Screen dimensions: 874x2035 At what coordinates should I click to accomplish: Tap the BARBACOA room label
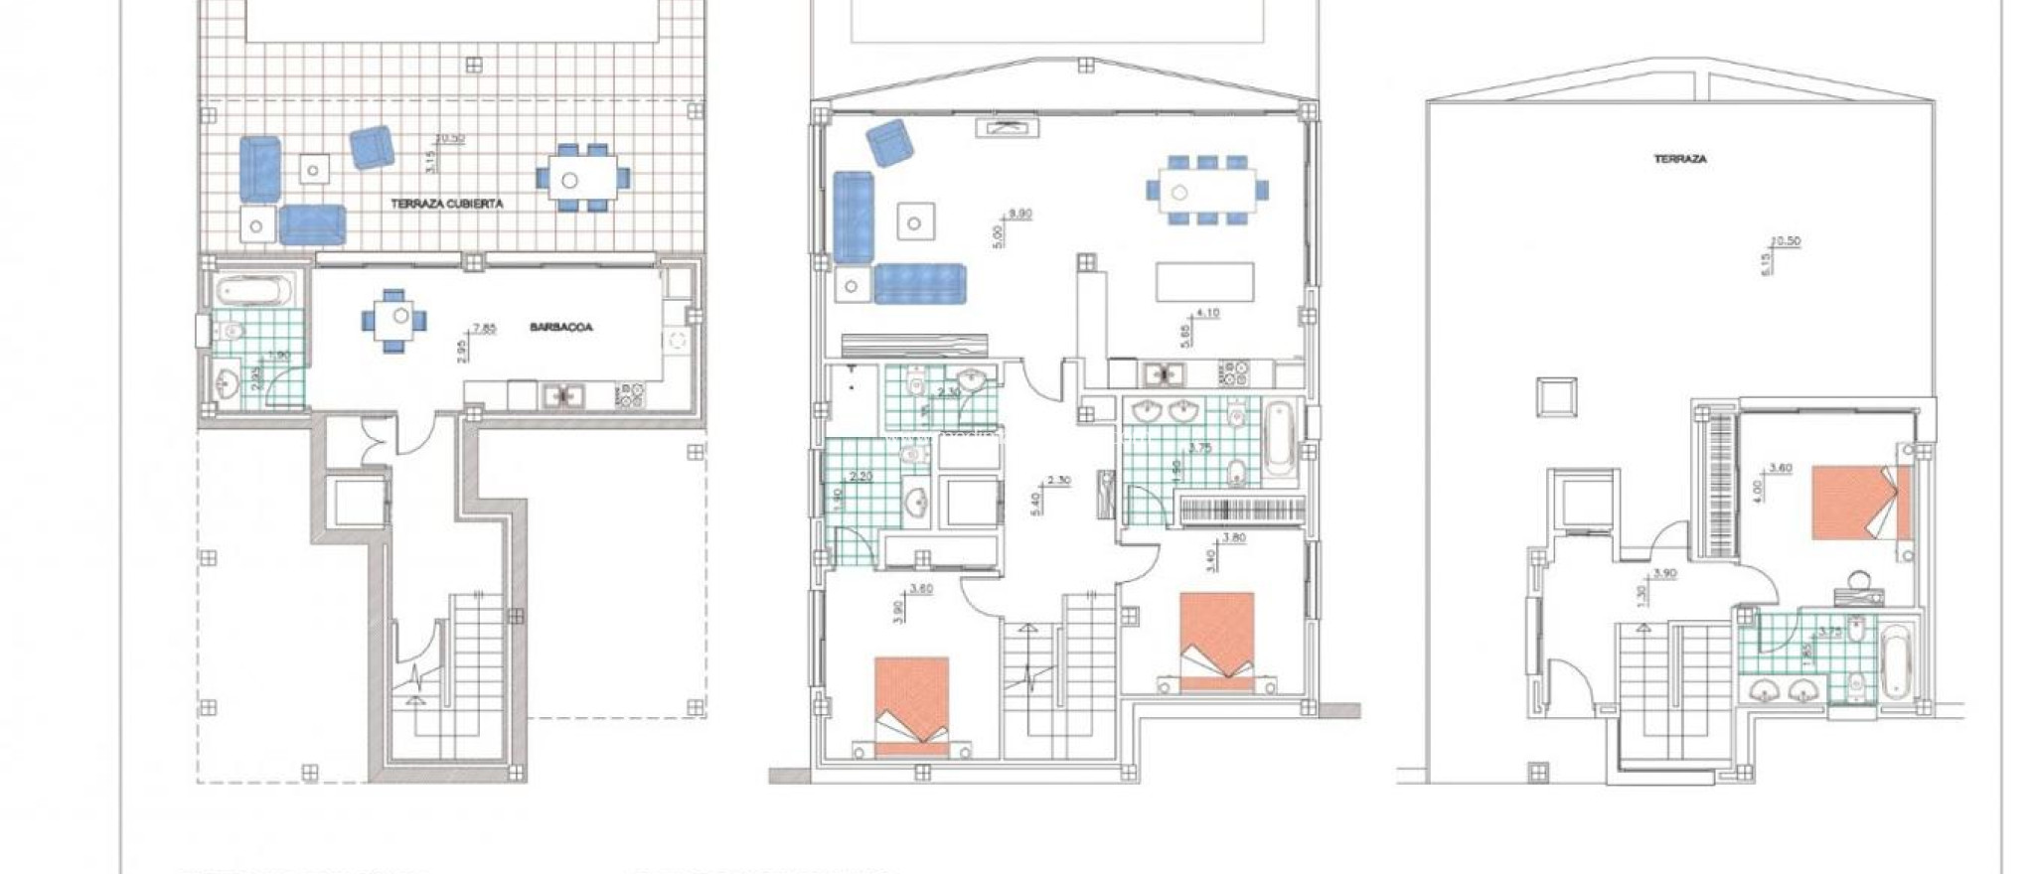560,327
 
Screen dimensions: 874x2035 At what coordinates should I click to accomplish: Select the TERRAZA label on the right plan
1680,159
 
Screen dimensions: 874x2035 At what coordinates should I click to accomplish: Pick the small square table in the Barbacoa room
398,318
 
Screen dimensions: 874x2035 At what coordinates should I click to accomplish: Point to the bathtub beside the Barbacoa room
254,291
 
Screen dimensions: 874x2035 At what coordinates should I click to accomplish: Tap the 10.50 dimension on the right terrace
1786,241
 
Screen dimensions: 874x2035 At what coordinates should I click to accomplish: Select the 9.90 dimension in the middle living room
1020,214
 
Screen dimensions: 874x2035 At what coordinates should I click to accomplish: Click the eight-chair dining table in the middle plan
1205,191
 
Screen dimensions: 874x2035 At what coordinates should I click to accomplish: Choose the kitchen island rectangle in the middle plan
1204,281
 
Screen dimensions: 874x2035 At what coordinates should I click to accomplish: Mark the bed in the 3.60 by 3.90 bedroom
911,702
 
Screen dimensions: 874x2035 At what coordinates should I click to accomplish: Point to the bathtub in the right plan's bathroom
1895,660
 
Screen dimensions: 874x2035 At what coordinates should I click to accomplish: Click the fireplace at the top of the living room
1010,126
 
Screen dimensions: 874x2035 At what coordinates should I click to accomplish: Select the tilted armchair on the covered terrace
372,147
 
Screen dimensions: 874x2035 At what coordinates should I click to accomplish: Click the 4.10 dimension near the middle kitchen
1207,314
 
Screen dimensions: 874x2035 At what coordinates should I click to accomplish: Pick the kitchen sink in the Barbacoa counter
563,396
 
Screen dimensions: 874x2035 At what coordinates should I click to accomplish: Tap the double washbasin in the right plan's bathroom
1781,690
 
